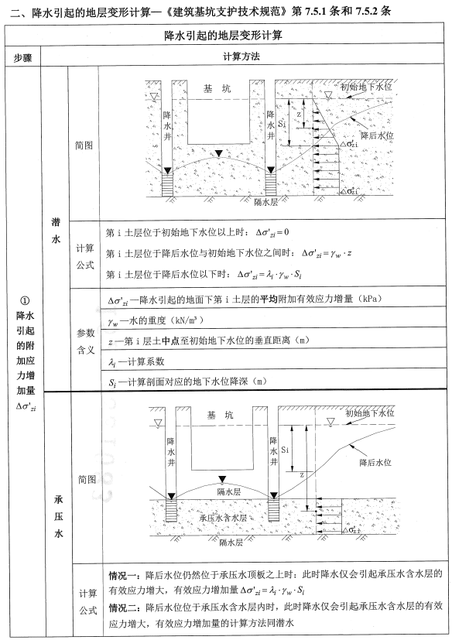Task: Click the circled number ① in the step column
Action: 25,302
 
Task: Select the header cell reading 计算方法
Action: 245,58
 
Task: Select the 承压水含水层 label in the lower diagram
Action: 223,516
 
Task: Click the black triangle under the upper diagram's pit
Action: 218,152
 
